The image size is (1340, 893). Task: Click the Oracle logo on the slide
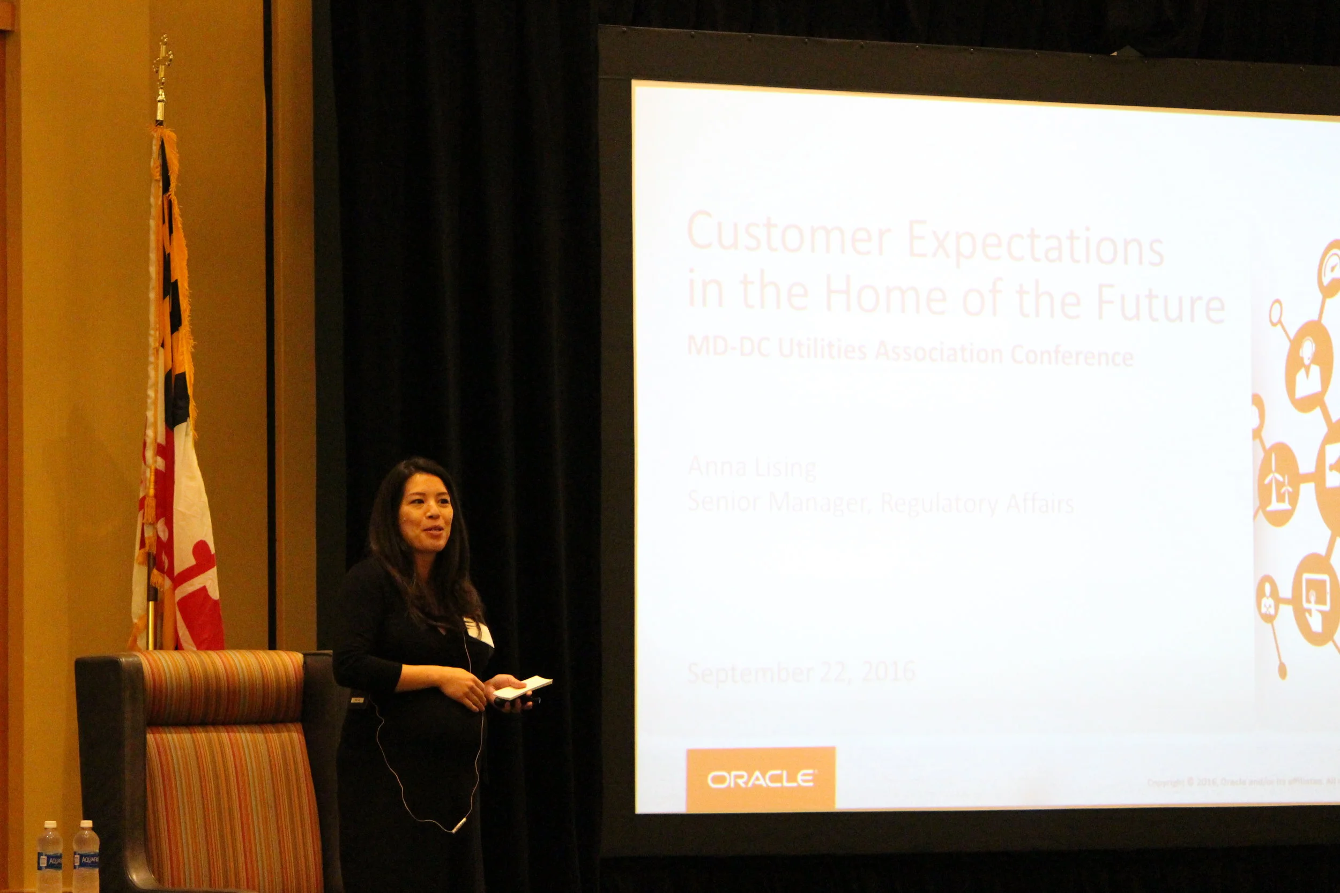[x=761, y=778]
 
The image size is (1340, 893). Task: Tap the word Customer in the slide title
[x=789, y=234]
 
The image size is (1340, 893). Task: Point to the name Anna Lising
[x=752, y=467]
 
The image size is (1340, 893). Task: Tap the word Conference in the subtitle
[x=1071, y=355]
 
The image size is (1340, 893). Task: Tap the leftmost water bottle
[x=49, y=857]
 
